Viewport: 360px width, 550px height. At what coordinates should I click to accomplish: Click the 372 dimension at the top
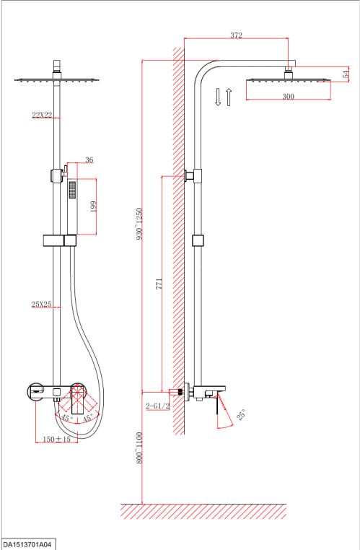click(x=236, y=35)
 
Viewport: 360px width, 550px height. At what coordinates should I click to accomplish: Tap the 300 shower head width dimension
click(x=288, y=97)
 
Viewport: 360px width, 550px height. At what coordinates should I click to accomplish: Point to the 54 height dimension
click(x=346, y=74)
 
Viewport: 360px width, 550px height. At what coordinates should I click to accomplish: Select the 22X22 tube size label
click(x=42, y=115)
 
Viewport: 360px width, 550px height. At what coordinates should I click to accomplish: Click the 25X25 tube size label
click(x=41, y=304)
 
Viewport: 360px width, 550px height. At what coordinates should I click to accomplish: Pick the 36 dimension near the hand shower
click(x=89, y=160)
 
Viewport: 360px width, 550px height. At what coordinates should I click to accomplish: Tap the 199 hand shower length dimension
click(x=93, y=206)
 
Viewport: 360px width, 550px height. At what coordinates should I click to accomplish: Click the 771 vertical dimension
click(x=159, y=284)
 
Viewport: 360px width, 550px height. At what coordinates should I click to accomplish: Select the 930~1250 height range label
click(x=139, y=224)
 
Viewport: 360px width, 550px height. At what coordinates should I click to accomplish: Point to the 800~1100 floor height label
click(x=139, y=448)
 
